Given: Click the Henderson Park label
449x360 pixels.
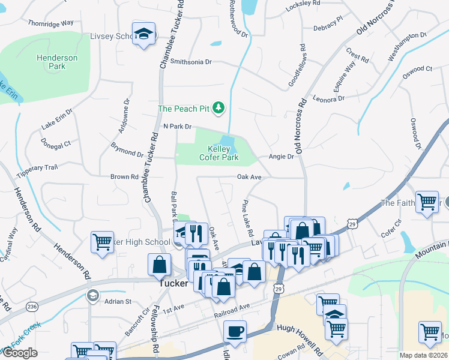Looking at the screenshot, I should (x=57, y=62).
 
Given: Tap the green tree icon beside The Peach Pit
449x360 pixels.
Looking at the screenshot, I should (x=220, y=108).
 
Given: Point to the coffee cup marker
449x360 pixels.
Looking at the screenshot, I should (x=235, y=331).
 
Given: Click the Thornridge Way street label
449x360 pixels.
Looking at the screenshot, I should (x=50, y=23).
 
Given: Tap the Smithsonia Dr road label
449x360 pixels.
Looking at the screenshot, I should (x=191, y=61).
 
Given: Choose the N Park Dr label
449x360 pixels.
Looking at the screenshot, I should (x=176, y=127).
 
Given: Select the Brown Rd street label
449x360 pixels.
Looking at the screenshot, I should (x=124, y=177).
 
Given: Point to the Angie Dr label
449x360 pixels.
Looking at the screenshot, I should (x=282, y=157).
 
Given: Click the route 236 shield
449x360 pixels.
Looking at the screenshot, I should (x=31, y=307).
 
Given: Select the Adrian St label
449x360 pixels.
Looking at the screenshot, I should (x=118, y=301).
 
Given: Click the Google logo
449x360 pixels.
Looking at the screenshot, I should (x=20, y=353).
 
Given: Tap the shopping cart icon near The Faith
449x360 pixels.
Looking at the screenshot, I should (x=427, y=202).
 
